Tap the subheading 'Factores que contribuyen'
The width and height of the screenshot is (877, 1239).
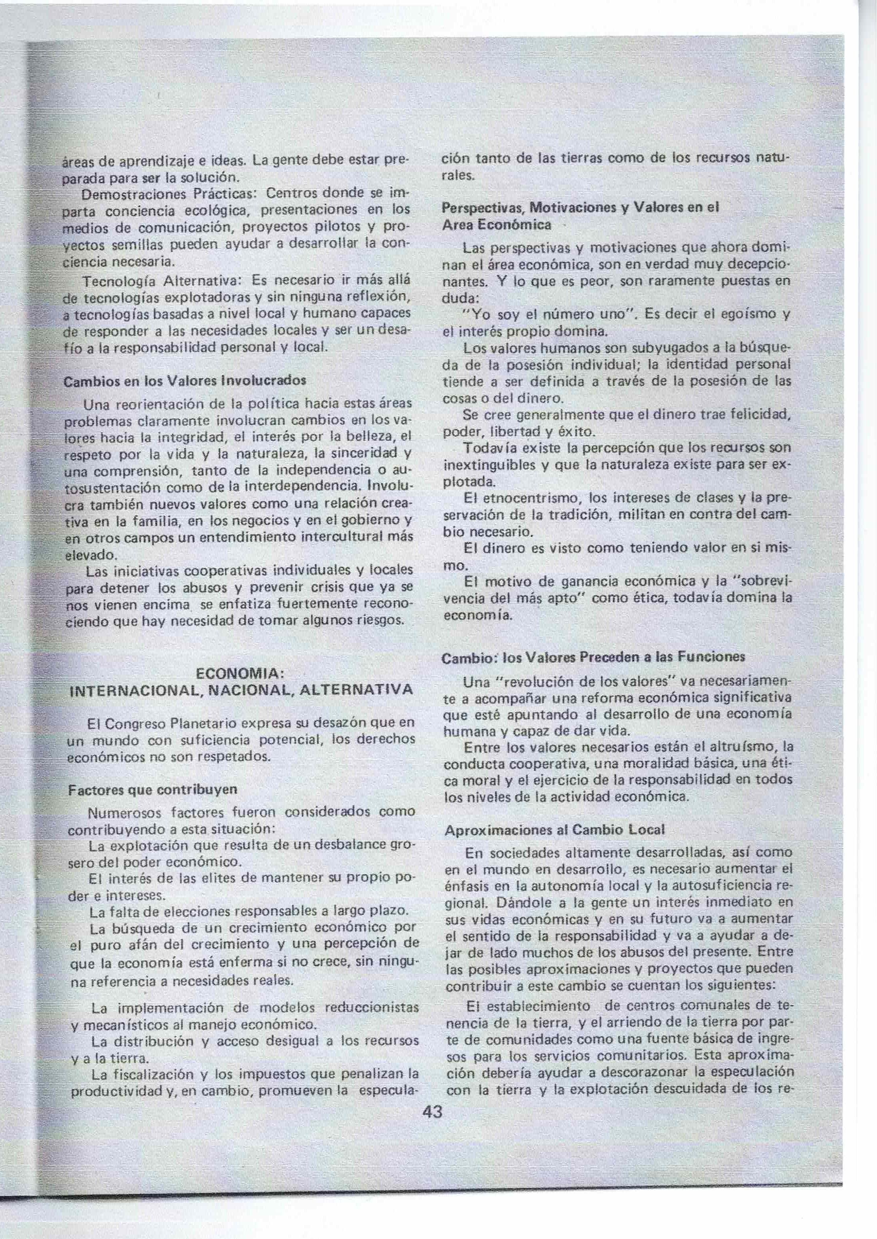(x=153, y=789)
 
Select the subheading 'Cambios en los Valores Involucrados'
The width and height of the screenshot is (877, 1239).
(x=185, y=380)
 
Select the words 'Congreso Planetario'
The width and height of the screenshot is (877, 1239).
(x=172, y=723)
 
